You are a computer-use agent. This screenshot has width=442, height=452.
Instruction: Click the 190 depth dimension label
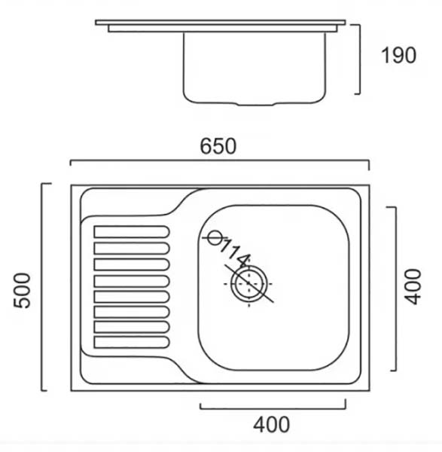(398, 55)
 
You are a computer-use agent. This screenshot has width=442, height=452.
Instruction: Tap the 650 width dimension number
(218, 146)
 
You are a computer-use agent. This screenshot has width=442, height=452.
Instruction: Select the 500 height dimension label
(22, 291)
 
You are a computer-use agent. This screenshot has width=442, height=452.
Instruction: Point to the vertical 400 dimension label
(413, 287)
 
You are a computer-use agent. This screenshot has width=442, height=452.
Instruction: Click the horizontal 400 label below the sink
(271, 424)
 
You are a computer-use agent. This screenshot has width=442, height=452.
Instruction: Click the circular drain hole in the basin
(248, 284)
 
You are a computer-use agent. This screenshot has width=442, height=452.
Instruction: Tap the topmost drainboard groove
(132, 232)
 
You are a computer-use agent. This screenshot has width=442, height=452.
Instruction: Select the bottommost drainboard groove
(132, 342)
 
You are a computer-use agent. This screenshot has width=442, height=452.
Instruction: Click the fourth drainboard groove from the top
(132, 281)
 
